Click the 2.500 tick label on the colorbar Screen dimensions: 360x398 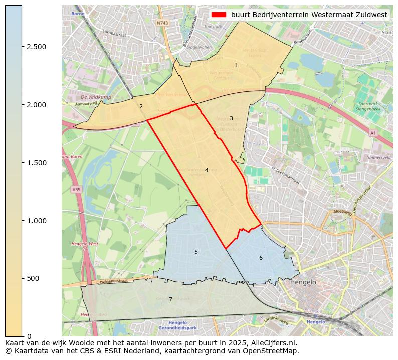tap(36, 47)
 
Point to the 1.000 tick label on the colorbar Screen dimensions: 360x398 tap(36, 221)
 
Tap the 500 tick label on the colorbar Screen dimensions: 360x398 tap(33, 278)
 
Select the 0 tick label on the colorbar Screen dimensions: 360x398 tap(29, 336)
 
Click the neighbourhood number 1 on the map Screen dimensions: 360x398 tap(236, 66)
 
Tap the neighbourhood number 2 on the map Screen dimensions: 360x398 tap(141, 106)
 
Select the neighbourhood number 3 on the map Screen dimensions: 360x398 tap(231, 119)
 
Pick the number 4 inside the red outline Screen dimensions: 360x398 tap(206, 171)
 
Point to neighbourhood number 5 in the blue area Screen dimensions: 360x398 tap(196, 252)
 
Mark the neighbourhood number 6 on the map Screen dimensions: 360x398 tap(261, 258)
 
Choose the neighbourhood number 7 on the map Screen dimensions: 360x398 tap(170, 300)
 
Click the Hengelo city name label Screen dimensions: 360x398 tap(303, 282)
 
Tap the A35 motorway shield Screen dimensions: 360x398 tap(76, 190)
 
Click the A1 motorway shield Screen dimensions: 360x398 tap(372, 133)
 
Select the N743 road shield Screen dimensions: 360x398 tap(162, 23)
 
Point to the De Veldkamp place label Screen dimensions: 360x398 tap(96, 97)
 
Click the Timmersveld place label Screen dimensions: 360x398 tap(378, 157)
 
